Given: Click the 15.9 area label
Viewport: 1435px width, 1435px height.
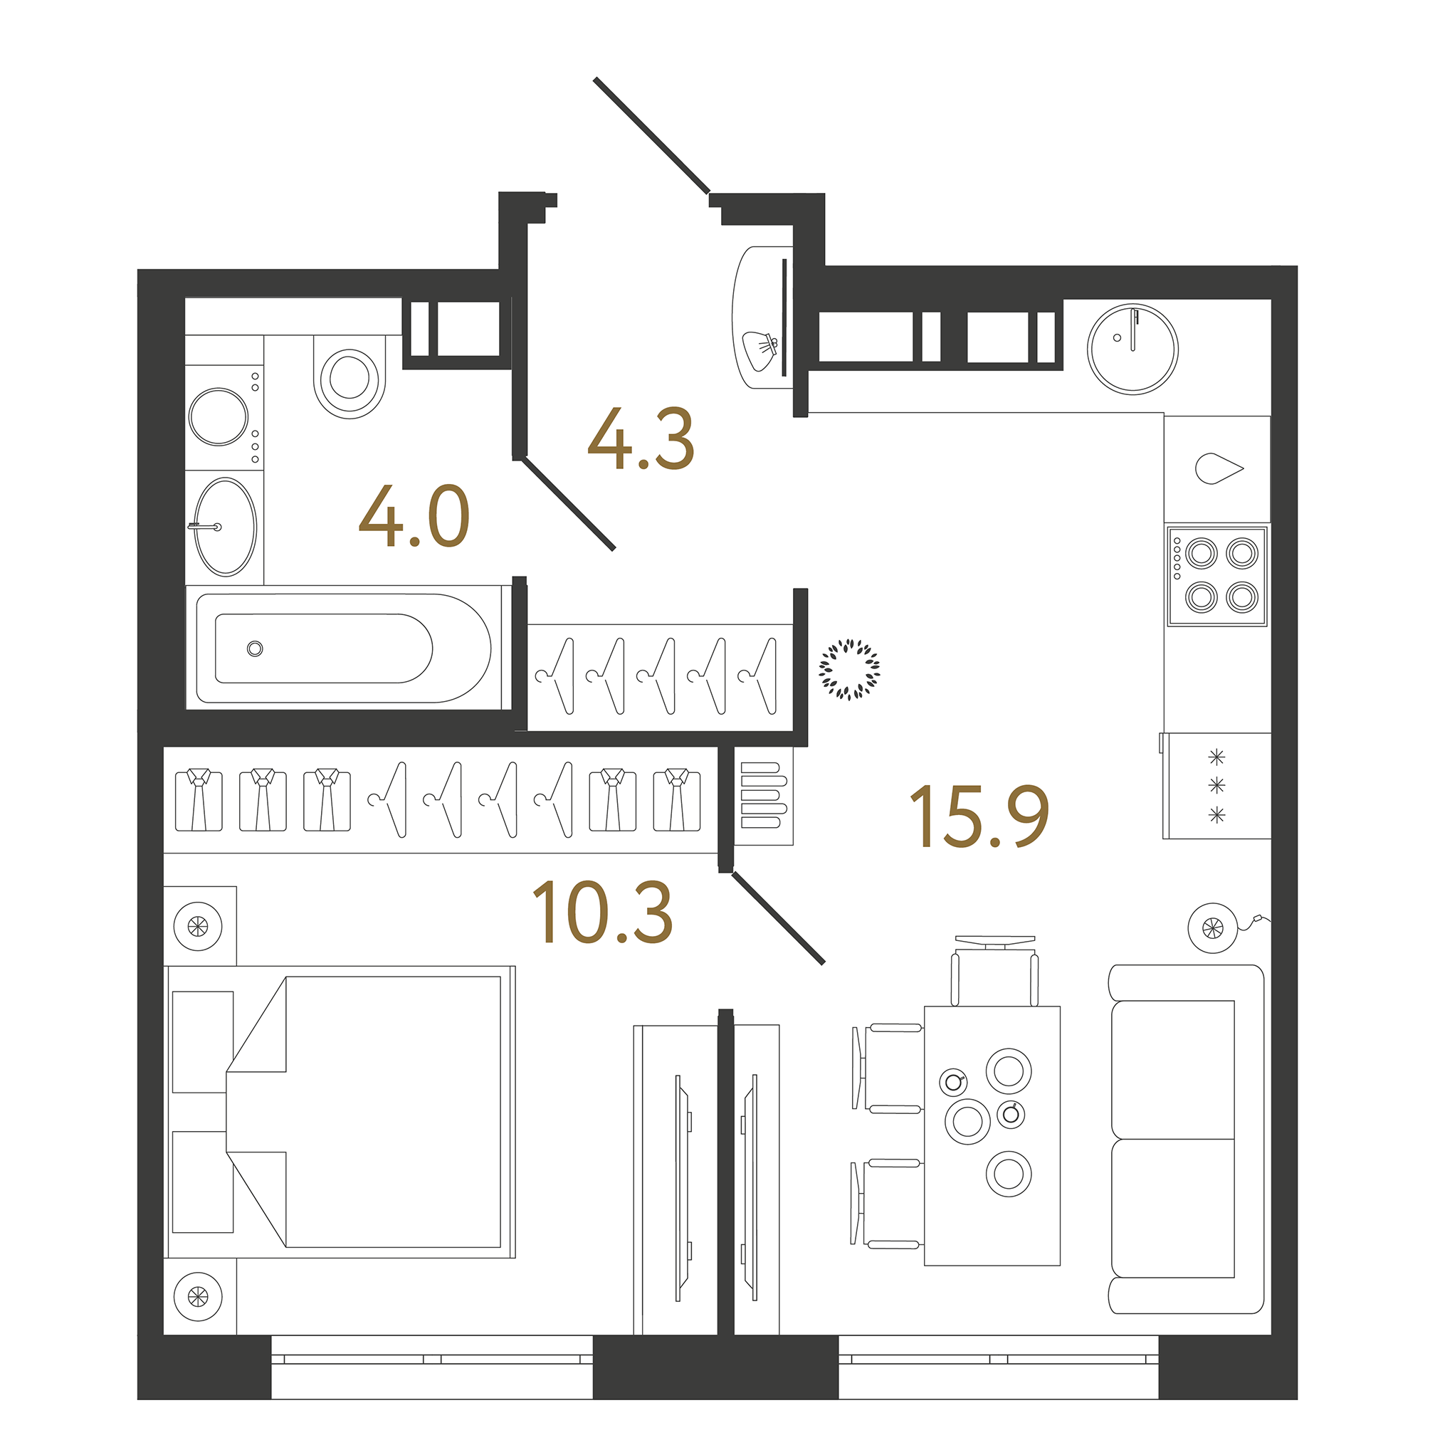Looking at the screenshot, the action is pos(979,816).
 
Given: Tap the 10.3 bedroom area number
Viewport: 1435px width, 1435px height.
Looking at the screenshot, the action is pos(602,912).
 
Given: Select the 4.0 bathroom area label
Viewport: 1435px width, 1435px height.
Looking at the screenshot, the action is pos(414,516).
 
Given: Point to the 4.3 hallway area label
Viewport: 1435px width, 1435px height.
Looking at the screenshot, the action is pos(641,438).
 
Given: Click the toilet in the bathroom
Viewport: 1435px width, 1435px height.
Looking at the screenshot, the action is pos(349,376).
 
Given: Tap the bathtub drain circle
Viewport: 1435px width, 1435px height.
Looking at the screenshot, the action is pos(255,649).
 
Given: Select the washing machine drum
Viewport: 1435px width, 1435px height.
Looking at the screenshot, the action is pos(219,416).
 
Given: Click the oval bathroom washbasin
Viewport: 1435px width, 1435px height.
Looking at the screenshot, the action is pos(225,527).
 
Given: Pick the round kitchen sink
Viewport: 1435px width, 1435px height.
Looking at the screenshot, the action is pos(1132,349).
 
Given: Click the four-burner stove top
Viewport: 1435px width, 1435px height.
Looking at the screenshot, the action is pos(1216,576).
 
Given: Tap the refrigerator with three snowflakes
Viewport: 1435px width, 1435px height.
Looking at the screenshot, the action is pos(1216,786).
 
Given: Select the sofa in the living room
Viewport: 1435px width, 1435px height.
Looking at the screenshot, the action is pos(1186,1140).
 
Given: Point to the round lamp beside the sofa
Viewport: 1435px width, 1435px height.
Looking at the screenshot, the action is pos(1213,927).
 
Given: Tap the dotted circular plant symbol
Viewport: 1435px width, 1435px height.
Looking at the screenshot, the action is pos(849,669).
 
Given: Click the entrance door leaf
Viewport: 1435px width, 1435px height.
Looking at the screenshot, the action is pos(651,135).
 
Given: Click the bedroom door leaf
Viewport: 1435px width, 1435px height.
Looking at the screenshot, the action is pos(779,918).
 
